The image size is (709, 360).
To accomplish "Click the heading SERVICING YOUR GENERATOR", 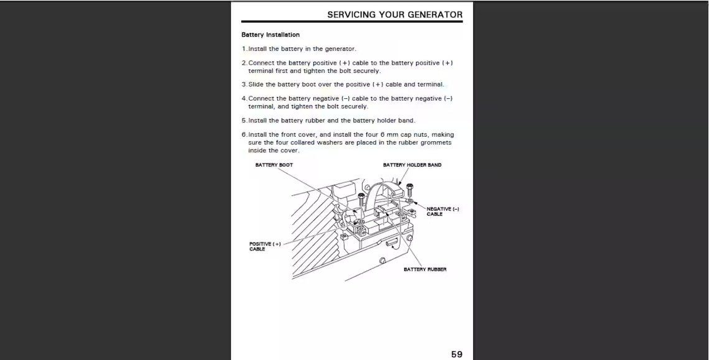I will (x=395, y=14).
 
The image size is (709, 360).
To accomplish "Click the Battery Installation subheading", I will (x=271, y=35).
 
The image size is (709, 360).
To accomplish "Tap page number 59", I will (x=456, y=354).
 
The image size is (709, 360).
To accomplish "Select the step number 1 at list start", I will (x=243, y=48).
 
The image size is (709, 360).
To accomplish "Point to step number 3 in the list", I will (x=243, y=85).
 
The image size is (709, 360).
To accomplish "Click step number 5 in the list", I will (x=243, y=121).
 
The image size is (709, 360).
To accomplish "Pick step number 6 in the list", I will (x=243, y=134).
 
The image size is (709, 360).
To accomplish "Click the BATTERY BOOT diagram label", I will (x=274, y=165).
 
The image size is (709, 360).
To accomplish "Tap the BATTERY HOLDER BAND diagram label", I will (x=412, y=165).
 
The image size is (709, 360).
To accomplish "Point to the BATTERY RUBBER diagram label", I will (x=425, y=269).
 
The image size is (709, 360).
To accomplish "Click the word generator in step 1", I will (x=340, y=48).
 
